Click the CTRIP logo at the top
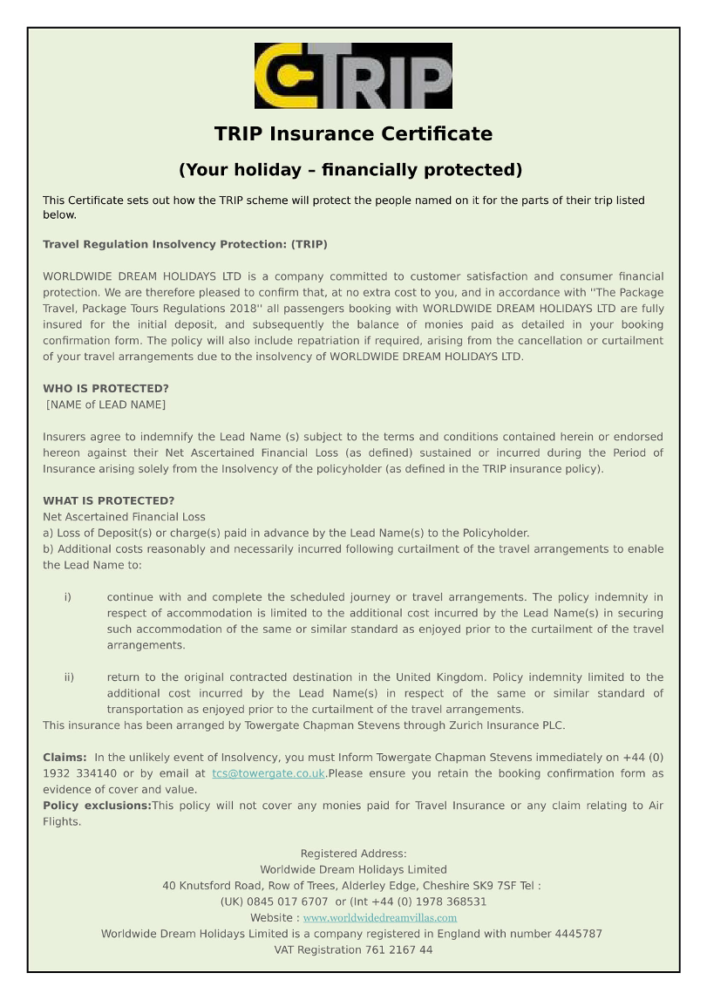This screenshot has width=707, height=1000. [x=353, y=76]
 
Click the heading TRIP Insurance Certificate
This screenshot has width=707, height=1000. [x=353, y=134]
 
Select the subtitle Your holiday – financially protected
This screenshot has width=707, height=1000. [x=350, y=169]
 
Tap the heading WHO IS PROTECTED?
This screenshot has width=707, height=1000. [x=105, y=388]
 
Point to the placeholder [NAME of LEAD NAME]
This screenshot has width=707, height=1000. [x=105, y=405]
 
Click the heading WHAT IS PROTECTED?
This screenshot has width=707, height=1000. [x=108, y=500]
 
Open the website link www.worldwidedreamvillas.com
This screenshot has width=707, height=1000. [x=379, y=918]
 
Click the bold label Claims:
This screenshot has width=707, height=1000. [x=65, y=757]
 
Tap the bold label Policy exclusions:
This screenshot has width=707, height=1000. [x=97, y=806]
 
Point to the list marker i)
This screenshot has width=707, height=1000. [x=67, y=597]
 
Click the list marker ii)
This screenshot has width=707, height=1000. [x=69, y=677]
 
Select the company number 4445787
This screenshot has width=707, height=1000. [x=578, y=934]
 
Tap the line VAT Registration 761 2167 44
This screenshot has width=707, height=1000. [x=353, y=950]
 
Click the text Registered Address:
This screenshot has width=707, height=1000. [x=353, y=854]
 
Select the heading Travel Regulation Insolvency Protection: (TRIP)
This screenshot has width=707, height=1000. [x=185, y=244]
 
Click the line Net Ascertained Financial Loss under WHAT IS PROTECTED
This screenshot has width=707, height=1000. [x=124, y=517]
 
